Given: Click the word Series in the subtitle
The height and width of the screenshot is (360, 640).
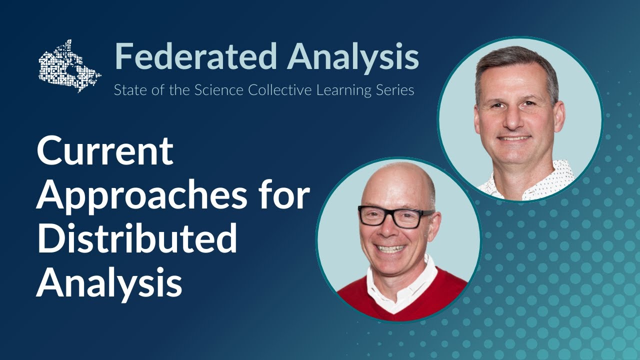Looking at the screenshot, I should pos(395,91).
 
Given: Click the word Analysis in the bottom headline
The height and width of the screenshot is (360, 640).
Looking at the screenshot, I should pos(108,282).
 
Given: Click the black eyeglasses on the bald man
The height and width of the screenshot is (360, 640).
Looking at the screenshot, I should pos(395,216).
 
